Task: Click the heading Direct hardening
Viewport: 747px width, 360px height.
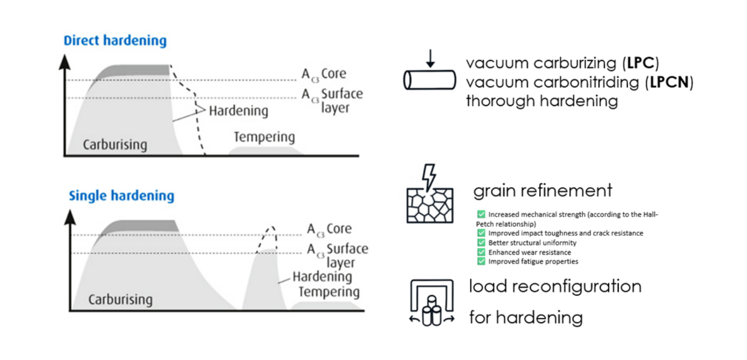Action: [115, 40]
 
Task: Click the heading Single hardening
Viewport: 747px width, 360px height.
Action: [121, 196]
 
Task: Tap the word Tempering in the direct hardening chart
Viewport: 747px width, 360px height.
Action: [264, 137]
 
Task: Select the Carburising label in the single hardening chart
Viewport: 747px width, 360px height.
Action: [120, 299]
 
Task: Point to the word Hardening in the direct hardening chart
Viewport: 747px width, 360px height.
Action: [238, 111]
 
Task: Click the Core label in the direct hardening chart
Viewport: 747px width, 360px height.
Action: [333, 73]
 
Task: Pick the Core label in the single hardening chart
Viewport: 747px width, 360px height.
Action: [339, 229]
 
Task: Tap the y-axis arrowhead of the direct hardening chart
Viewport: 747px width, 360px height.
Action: [64, 62]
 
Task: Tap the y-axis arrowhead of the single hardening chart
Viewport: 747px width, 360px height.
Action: [70, 217]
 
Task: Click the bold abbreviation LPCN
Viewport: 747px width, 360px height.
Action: [669, 82]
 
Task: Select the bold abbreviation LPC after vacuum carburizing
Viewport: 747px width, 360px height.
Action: [641, 63]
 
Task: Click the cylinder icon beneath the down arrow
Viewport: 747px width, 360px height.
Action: [429, 80]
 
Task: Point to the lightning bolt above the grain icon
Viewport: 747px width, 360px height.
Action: [429, 176]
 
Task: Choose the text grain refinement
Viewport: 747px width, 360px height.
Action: [543, 190]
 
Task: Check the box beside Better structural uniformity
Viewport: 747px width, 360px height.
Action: [481, 243]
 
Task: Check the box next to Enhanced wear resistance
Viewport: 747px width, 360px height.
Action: [481, 252]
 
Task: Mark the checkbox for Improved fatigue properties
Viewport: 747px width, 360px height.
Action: [481, 261]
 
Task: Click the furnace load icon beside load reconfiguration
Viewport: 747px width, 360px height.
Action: [432, 303]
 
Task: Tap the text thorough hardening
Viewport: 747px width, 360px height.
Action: [542, 101]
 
